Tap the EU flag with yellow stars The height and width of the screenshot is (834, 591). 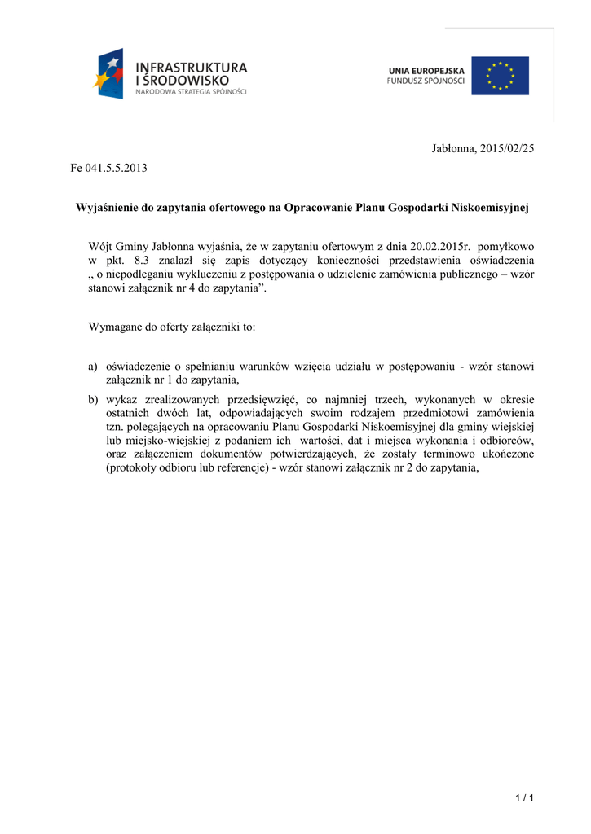coord(500,76)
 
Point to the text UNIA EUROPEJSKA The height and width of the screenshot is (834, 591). coord(426,71)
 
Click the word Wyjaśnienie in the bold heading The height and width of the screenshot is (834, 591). coord(108,208)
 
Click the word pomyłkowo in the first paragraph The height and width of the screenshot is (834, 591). coord(505,246)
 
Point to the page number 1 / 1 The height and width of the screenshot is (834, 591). coord(524,797)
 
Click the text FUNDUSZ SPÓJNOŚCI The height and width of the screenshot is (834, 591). coord(426,81)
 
